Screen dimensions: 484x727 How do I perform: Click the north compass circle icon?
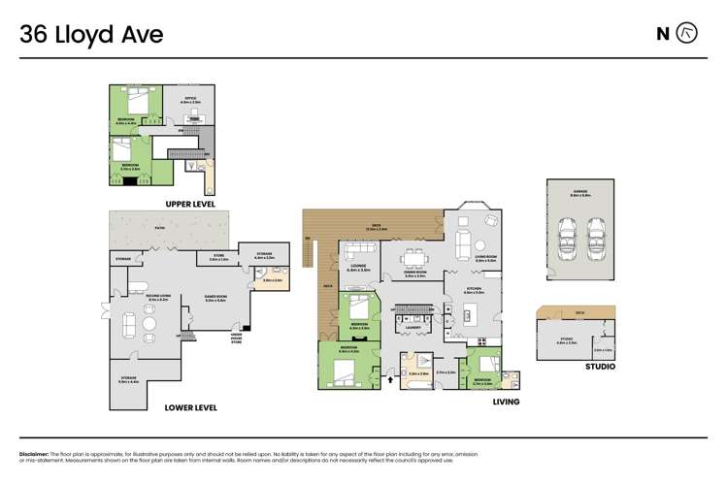coord(686,34)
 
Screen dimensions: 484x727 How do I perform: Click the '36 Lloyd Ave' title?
coord(91,35)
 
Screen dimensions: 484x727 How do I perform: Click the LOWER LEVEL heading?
coord(190,407)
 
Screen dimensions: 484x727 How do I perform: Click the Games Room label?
coord(215,299)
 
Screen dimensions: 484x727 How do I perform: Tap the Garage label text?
coord(580,193)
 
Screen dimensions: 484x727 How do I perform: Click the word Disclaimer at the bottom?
coord(34,453)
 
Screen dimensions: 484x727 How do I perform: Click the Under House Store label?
coord(236,338)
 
